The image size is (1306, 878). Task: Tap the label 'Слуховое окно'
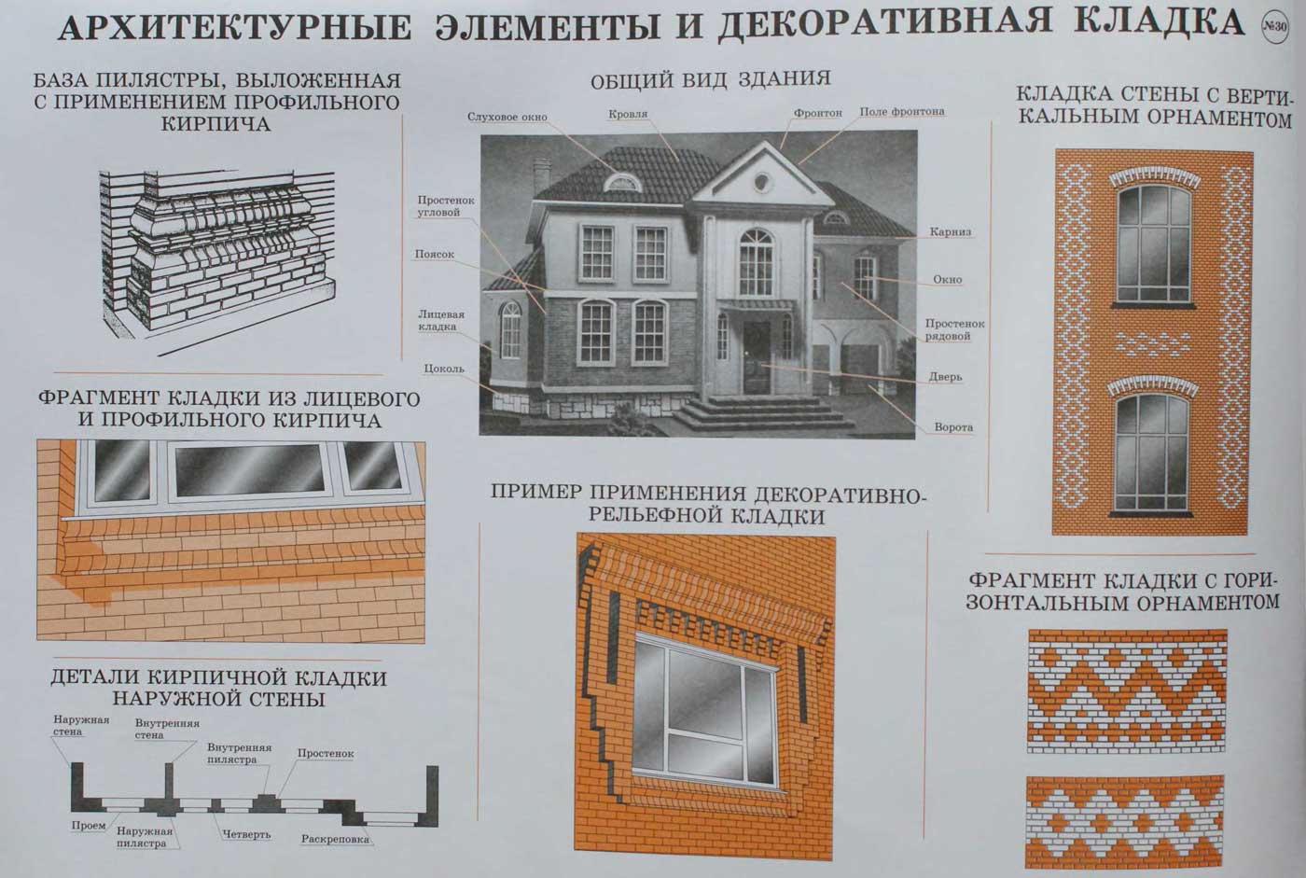pos(507,118)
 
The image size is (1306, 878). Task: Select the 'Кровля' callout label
pos(628,114)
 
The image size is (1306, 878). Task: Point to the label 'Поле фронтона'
pos(902,111)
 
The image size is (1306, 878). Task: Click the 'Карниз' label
pos(951,232)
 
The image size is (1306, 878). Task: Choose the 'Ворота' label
pos(953,426)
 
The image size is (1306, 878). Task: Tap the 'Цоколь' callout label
pos(444,369)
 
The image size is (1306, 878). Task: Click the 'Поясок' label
pos(435,254)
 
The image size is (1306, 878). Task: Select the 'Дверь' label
pos(945,377)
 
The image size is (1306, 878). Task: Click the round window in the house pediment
pos(761,181)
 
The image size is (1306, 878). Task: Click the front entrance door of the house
pos(757,356)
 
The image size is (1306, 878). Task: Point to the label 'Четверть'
pos(246,835)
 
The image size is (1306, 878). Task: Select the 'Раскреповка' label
pos(335,839)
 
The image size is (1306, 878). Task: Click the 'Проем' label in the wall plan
pos(89,826)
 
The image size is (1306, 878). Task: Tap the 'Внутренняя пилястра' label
pos(240,753)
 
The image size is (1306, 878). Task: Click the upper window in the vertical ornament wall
pos(1154,244)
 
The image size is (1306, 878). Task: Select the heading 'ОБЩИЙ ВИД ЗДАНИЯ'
pos(710,80)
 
